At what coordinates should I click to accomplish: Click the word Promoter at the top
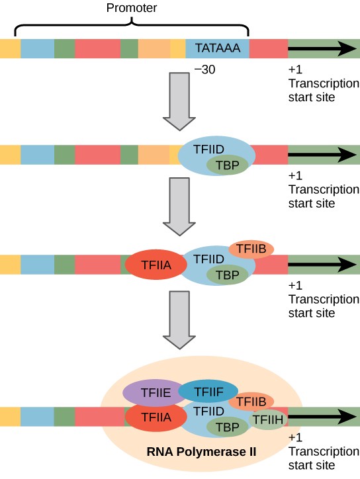[132, 8]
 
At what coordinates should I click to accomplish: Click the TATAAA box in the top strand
[217, 49]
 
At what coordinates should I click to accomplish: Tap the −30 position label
[204, 69]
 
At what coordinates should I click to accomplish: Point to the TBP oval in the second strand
[227, 165]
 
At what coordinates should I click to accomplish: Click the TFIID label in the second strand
[208, 150]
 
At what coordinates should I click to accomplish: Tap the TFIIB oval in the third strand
[251, 249]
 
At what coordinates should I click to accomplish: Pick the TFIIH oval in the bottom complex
[268, 419]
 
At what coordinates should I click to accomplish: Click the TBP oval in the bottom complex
[227, 427]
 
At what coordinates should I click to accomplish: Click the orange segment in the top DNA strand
[154, 49]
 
